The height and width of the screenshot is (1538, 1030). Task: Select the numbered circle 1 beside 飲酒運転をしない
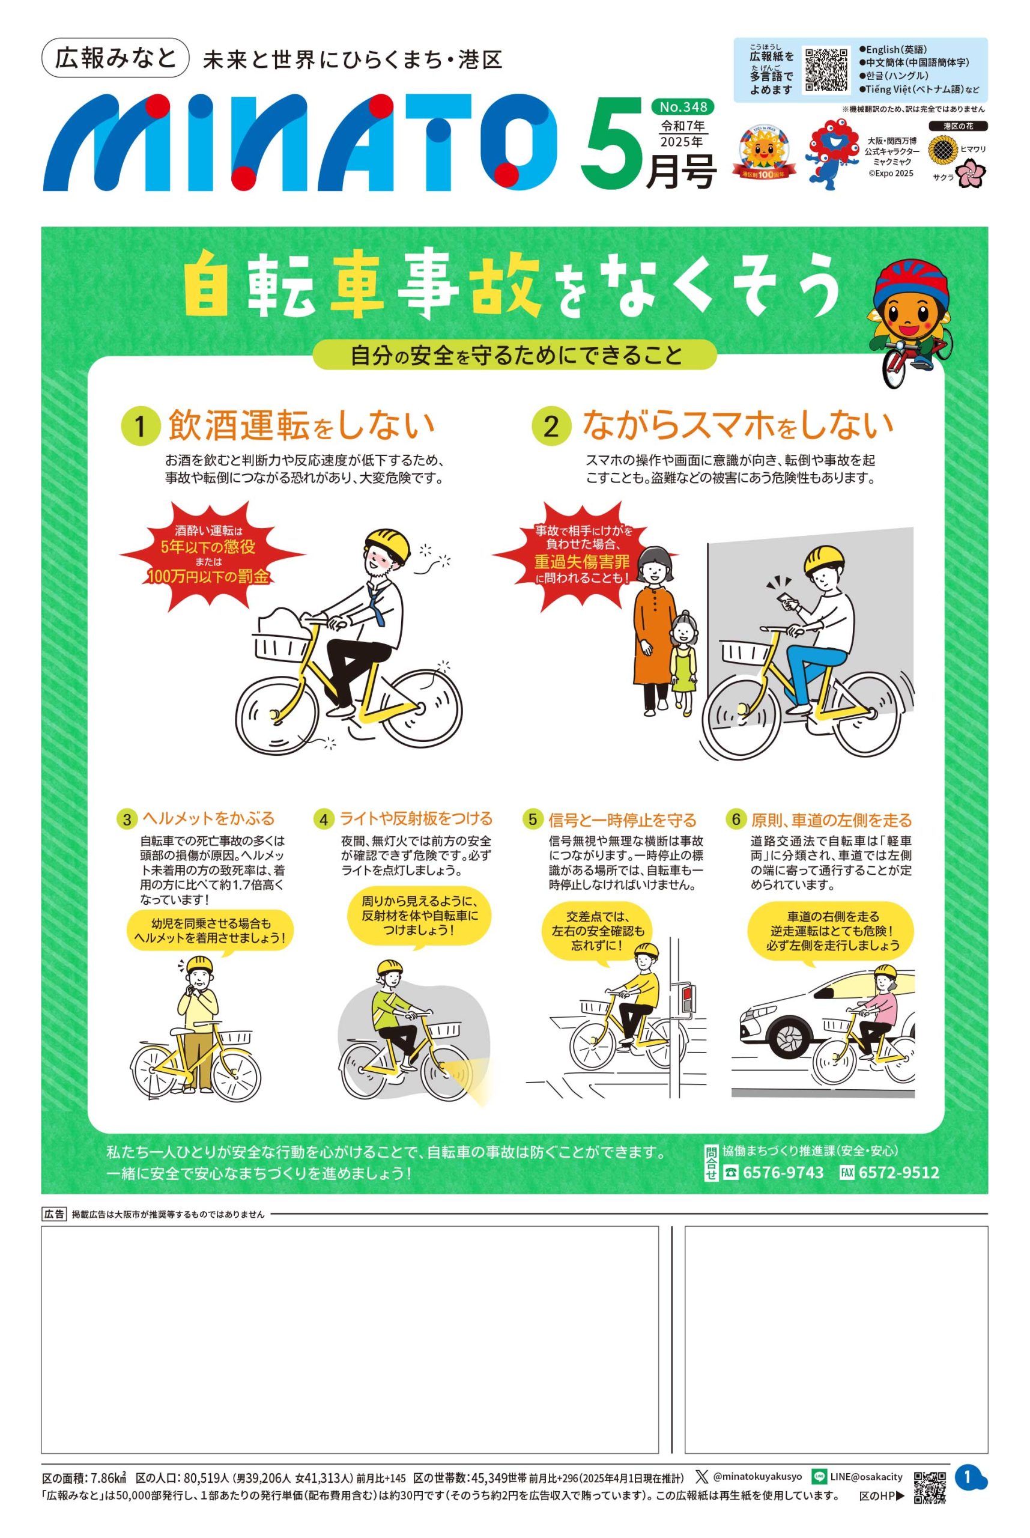pyautogui.click(x=140, y=428)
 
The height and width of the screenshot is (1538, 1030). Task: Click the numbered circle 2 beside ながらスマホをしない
pyautogui.click(x=551, y=428)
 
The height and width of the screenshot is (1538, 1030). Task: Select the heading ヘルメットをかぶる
pyautogui.click(x=208, y=819)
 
